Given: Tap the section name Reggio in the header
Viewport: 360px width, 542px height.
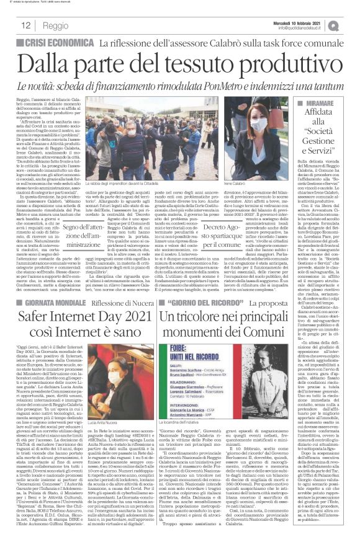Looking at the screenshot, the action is tap(55, 26).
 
